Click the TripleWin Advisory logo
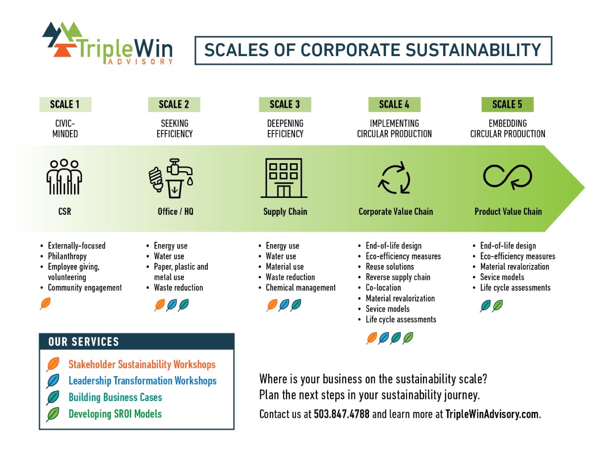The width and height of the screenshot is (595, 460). point(107,43)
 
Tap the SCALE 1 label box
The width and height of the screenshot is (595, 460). point(65,104)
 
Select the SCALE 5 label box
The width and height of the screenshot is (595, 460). point(507,104)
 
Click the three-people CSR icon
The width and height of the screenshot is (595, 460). point(64,177)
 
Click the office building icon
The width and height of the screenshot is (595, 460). point(284,178)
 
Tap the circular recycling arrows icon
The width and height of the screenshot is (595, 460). point(394,178)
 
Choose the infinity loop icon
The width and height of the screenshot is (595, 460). point(507,177)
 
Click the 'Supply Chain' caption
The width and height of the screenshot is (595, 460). point(285,211)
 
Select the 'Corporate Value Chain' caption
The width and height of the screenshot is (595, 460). point(396,211)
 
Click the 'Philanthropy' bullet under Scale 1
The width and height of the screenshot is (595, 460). point(67,256)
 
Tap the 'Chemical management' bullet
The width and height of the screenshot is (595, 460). point(300,288)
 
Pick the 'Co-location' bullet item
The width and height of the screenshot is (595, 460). point(383,288)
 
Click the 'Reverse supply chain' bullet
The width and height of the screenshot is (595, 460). point(398,277)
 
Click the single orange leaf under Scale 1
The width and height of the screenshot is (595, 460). point(45,304)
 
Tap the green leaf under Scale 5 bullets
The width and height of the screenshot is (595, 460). point(497,306)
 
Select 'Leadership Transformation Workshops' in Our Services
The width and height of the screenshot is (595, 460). point(142,381)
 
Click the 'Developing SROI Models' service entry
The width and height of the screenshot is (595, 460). point(115,414)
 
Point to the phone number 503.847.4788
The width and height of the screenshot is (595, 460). point(342,414)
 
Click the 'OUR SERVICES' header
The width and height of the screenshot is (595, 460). point(83,342)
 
